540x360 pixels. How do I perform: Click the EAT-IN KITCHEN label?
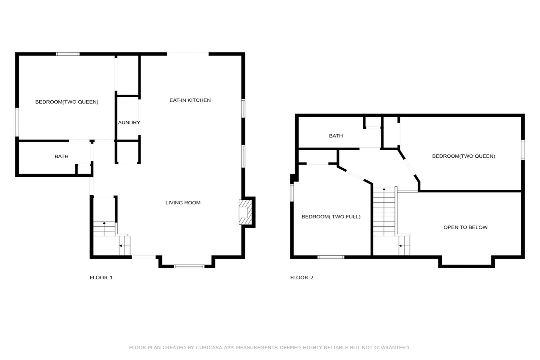[x=190, y=100]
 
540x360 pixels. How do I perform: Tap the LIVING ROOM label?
[x=183, y=203]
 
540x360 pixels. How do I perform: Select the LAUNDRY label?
[x=128, y=123]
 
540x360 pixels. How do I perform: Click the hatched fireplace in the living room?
[x=246, y=212]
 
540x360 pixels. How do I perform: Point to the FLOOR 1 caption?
[x=101, y=277]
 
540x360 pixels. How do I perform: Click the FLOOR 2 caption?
[x=301, y=277]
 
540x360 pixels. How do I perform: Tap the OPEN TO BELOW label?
[x=465, y=227]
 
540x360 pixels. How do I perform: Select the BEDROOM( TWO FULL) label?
[x=331, y=217]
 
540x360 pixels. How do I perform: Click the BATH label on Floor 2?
[x=336, y=136]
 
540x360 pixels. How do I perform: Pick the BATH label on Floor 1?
[x=62, y=156]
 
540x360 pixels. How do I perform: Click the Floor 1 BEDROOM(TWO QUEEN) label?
[x=67, y=102]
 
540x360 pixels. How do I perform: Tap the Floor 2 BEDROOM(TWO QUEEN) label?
[x=464, y=156]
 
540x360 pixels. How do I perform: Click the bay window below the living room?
[x=189, y=266]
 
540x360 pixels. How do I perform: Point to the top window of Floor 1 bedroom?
[x=68, y=54]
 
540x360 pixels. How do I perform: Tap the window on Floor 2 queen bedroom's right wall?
[x=523, y=150]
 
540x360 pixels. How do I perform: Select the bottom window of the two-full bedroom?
[x=331, y=257]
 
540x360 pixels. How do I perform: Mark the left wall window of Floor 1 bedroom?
[x=17, y=122]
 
